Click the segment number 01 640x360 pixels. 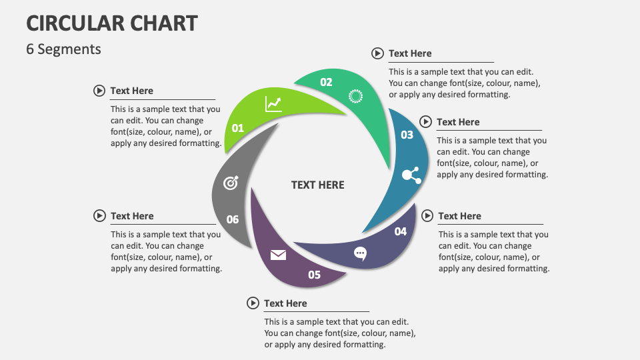(238, 128)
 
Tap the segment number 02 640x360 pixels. (326, 83)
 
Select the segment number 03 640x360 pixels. (407, 135)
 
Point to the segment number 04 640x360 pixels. (400, 231)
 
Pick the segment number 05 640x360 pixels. (314, 275)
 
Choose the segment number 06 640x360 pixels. (232, 219)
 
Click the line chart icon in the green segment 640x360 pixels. (273, 104)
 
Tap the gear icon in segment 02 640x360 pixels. (356, 96)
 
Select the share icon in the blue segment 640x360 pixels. (411, 175)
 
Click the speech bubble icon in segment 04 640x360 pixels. (360, 253)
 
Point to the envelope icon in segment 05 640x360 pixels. (278, 255)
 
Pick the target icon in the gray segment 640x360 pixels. (231, 183)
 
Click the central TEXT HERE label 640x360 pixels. (318, 185)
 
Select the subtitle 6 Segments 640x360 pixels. (63, 49)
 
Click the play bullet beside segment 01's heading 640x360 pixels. (99, 91)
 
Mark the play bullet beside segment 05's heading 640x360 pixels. (253, 303)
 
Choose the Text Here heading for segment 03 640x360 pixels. (458, 122)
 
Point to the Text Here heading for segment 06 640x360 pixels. (132, 216)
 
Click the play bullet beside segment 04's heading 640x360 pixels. (427, 216)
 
